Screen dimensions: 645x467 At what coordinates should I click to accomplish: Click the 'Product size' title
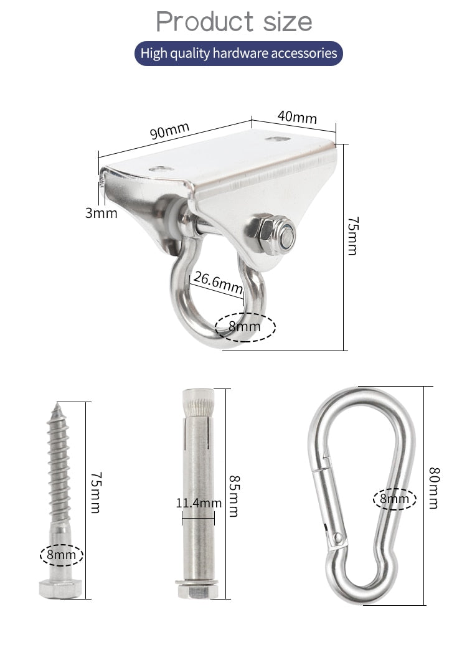click(x=233, y=22)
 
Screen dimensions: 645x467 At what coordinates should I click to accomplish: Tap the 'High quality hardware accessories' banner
click(x=238, y=54)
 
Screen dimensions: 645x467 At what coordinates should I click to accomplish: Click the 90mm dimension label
click(x=169, y=132)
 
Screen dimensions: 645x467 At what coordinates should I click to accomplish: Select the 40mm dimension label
click(x=297, y=116)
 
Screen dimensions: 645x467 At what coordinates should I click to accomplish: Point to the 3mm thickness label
click(x=101, y=213)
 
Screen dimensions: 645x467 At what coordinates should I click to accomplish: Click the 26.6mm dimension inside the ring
click(x=217, y=282)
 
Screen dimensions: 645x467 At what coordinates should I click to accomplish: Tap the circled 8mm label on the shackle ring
click(x=245, y=326)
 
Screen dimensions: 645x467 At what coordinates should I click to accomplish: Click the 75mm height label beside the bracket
click(x=352, y=236)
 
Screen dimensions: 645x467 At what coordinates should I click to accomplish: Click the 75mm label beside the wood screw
click(x=95, y=492)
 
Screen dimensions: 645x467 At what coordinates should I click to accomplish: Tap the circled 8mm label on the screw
click(x=61, y=554)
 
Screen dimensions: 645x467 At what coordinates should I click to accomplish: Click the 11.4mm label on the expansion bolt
click(x=198, y=502)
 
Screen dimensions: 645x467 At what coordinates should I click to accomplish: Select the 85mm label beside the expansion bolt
click(x=234, y=496)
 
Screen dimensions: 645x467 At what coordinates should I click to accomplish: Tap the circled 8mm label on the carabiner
click(x=395, y=499)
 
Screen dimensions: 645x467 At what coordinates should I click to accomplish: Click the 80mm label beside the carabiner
click(x=434, y=488)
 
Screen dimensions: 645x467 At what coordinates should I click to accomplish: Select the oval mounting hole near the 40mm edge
click(x=276, y=138)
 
